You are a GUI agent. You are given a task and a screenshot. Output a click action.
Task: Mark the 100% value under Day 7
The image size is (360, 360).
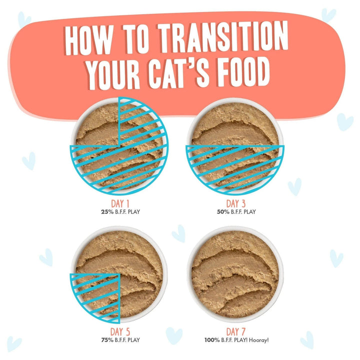tap(211, 340)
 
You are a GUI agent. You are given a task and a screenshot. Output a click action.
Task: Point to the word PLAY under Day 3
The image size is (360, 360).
tap(248, 211)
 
